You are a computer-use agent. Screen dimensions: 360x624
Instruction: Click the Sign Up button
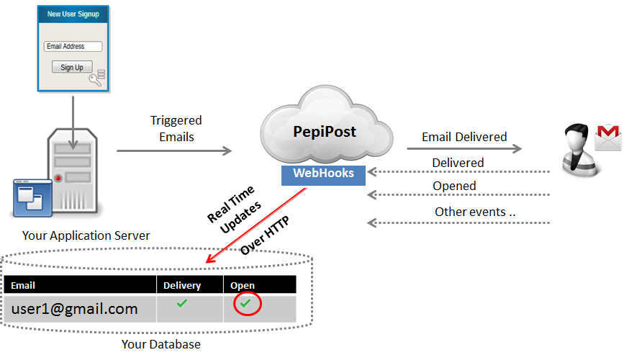pos(72,67)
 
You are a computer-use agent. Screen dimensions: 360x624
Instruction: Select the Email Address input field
pos(73,47)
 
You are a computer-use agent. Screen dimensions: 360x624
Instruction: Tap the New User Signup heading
pos(73,14)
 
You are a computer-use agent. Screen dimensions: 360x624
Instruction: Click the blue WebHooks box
pos(323,174)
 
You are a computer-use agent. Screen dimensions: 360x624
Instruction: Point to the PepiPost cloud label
pos(325,132)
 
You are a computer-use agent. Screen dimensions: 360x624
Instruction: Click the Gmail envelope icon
pos(608,136)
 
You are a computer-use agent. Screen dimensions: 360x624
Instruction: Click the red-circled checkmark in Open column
pos(246,305)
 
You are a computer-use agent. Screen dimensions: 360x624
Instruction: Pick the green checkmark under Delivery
pos(182,304)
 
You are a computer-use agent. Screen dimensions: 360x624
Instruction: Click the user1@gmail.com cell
pos(74,309)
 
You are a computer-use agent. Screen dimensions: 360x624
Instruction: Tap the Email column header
pos(23,285)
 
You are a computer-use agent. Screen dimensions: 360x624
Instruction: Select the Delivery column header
pos(182,285)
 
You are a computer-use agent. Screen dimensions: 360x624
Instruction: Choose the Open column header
pos(243,285)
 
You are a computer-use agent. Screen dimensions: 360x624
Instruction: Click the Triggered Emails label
pos(176,128)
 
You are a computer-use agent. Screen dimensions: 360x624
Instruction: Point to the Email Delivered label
pos(464,137)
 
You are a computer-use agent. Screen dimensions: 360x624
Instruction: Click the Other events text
pos(475,212)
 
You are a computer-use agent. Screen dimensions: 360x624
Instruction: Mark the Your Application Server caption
pos(86,235)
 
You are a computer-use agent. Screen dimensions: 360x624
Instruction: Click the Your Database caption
pos(160,345)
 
